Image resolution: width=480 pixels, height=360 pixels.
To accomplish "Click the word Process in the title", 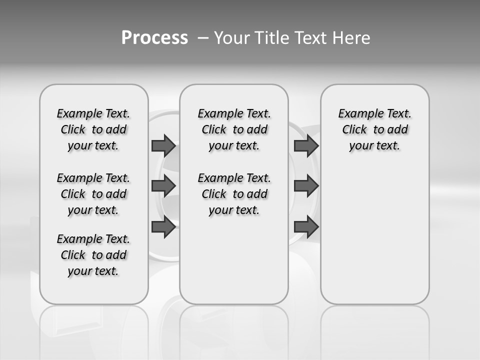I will click(x=154, y=38).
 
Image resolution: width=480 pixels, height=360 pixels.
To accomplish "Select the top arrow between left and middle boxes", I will click(x=163, y=145).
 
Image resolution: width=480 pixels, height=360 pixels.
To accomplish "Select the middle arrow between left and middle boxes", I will click(x=163, y=186).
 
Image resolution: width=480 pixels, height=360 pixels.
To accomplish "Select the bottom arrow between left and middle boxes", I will click(x=163, y=227).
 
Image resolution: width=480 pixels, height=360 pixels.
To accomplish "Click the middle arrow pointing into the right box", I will click(x=306, y=186).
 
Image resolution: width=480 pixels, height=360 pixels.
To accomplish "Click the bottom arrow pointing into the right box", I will click(x=306, y=227).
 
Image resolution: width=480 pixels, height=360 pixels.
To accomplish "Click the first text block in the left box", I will click(x=93, y=129).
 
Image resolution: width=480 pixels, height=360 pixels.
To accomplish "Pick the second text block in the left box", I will click(x=93, y=194).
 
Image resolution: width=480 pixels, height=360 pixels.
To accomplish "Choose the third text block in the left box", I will click(x=93, y=255).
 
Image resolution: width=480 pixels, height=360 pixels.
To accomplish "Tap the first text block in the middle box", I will click(x=234, y=129).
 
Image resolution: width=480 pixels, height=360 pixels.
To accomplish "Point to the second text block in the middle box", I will click(x=234, y=194).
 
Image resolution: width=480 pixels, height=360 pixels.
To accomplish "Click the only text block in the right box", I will click(x=374, y=129).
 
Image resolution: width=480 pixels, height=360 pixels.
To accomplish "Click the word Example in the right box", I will click(x=356, y=114).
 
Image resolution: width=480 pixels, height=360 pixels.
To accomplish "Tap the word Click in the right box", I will click(x=354, y=130).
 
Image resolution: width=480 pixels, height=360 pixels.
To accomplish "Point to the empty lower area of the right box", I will click(x=374, y=235).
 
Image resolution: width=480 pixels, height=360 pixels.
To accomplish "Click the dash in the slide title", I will click(x=203, y=38).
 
